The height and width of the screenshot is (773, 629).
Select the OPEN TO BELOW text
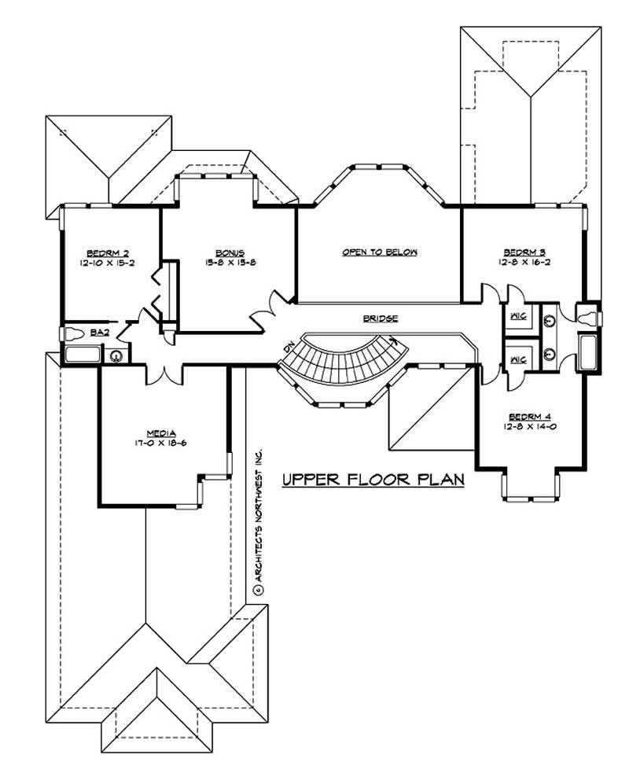[x=379, y=252]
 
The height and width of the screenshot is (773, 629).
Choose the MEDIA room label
[x=160, y=433]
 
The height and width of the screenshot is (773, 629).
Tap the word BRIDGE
[x=381, y=318]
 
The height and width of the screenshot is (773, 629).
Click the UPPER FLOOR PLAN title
[x=373, y=479]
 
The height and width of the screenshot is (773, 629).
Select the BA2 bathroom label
[x=99, y=333]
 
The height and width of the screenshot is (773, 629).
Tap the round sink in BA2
[x=116, y=355]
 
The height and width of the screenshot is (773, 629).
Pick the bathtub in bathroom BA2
[x=81, y=355]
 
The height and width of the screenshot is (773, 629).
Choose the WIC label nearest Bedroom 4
[x=517, y=359]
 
